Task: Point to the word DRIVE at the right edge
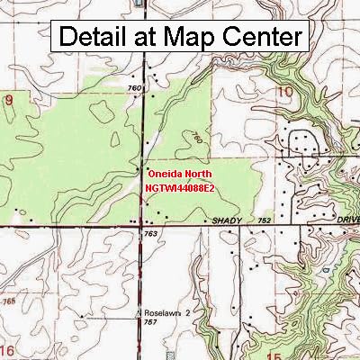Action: point(339,220)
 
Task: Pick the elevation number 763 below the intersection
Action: point(151,234)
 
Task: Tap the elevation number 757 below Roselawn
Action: point(152,322)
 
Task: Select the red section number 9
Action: point(10,100)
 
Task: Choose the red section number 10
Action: point(285,92)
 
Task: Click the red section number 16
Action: point(8,348)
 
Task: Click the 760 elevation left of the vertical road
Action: point(135,88)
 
